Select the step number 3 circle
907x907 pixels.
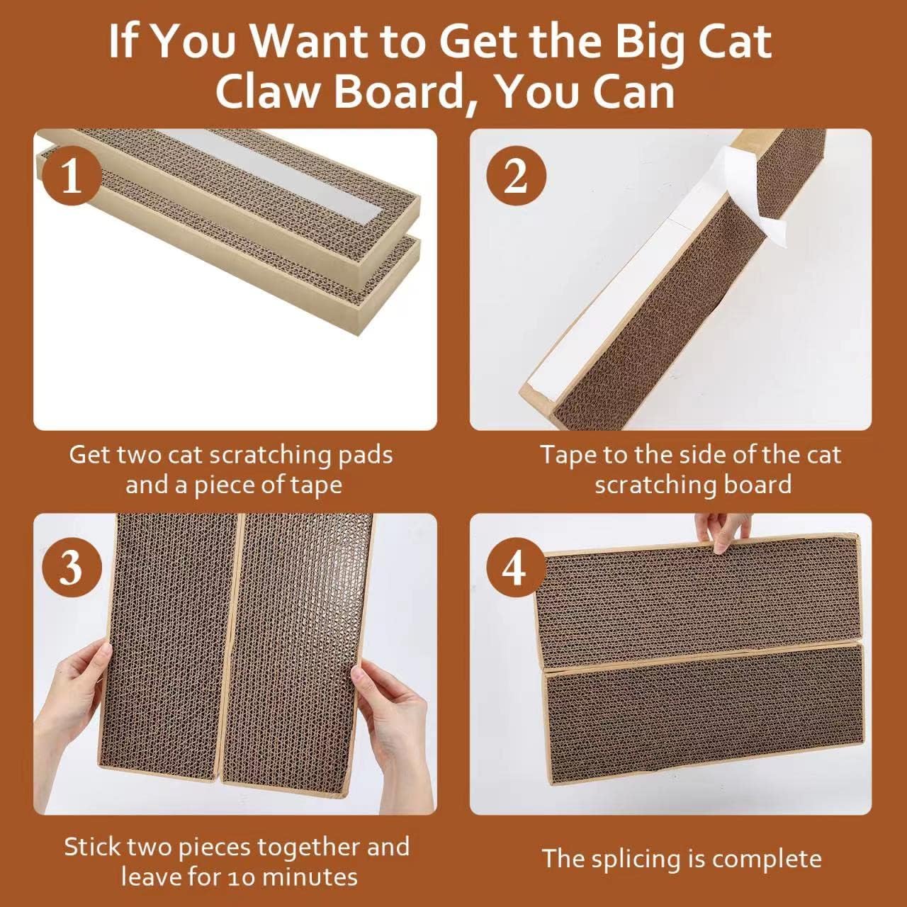click(x=72, y=567)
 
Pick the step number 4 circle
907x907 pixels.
click(x=515, y=567)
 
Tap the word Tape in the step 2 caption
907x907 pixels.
click(x=566, y=454)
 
